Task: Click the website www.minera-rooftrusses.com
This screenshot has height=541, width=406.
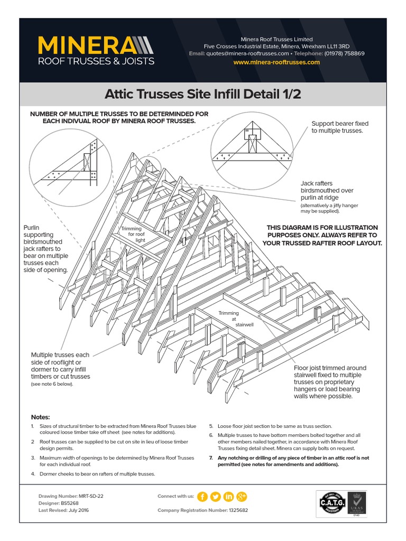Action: coord(276,62)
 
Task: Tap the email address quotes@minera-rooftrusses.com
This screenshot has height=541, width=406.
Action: coord(248,54)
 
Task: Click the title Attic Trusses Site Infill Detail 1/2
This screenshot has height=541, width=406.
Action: coord(203,95)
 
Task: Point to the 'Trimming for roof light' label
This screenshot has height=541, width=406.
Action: coord(132,234)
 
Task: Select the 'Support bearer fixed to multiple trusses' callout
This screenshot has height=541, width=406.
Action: coord(340,127)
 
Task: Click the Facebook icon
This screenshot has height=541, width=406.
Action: coord(202,497)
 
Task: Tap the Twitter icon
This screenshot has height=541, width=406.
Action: coord(215,497)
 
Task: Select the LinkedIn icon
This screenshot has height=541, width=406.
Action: coord(229,497)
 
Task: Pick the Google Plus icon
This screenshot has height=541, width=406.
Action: coord(242,497)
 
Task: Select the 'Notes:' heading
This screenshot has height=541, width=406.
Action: coord(40,417)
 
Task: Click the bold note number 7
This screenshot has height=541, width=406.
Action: coord(211,458)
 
